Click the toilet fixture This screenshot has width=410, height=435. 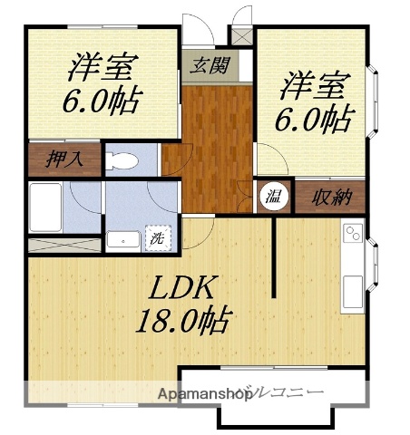pos(122,161)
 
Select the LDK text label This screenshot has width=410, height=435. pos(182,288)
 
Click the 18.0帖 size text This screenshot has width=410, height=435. pos(182,320)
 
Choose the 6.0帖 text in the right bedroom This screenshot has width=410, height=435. pos(314,118)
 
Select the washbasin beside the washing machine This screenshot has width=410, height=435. pos(121,239)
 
